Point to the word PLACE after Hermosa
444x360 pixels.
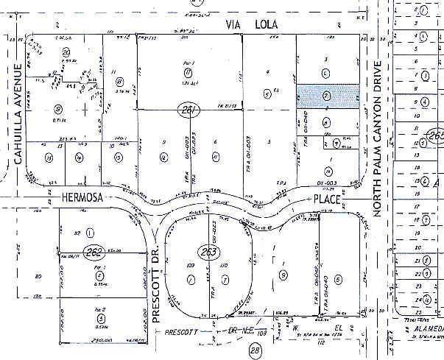[x=323, y=199]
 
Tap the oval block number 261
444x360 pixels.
[x=190, y=111]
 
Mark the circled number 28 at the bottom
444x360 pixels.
[x=234, y=351]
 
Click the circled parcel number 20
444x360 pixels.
[x=66, y=52]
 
